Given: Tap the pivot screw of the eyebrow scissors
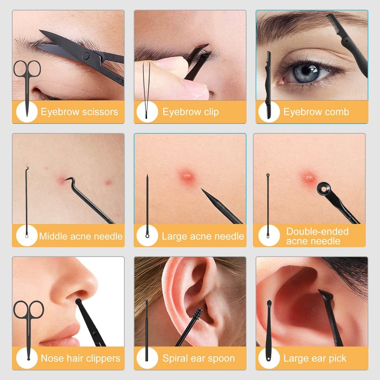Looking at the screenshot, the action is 85,56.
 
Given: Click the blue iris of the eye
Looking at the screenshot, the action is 304,72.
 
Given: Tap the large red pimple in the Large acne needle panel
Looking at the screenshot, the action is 187,175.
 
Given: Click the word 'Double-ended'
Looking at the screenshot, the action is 317,231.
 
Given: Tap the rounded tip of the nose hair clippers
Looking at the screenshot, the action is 78,302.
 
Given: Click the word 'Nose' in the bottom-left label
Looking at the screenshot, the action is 50,359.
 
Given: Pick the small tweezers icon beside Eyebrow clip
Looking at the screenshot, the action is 146,90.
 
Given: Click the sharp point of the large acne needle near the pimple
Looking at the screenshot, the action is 202,189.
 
